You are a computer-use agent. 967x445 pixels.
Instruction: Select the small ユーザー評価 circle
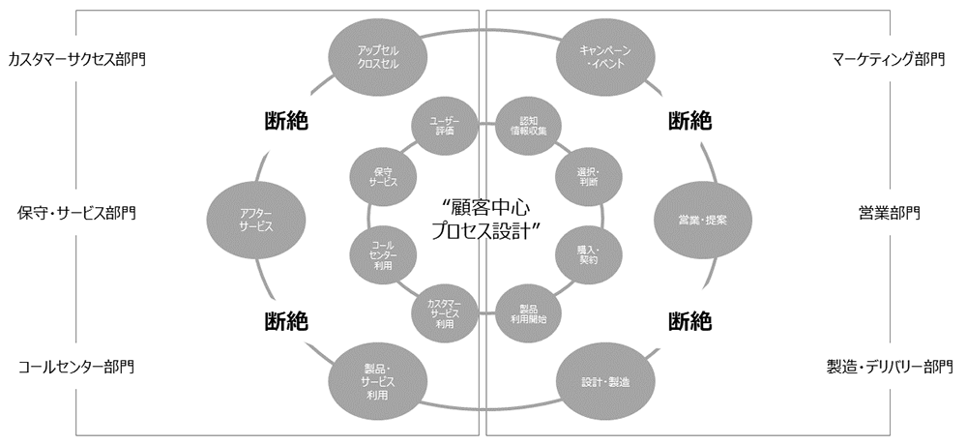tap(445, 126)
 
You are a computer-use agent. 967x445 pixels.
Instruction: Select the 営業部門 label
tap(889, 212)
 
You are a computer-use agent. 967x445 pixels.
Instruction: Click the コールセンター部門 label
tap(76, 367)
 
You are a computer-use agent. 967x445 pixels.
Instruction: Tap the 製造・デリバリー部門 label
tap(889, 367)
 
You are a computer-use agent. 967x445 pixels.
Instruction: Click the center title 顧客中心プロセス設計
tap(484, 220)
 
